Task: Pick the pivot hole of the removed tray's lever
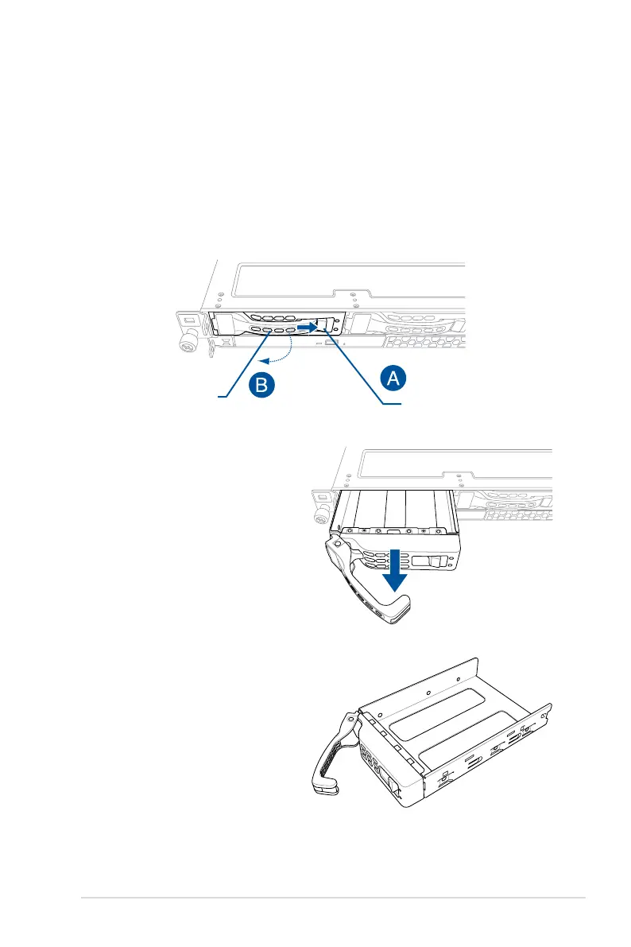click(x=350, y=718)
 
